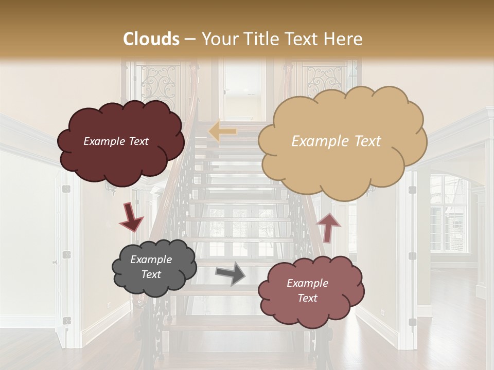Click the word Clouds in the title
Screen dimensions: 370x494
[151, 39]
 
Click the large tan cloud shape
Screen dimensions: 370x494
[342, 141]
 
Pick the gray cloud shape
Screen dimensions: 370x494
[153, 267]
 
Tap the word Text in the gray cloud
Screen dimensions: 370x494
[151, 274]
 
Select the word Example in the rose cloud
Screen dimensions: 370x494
[307, 283]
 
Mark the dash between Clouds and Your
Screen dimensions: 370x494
[190, 39]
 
